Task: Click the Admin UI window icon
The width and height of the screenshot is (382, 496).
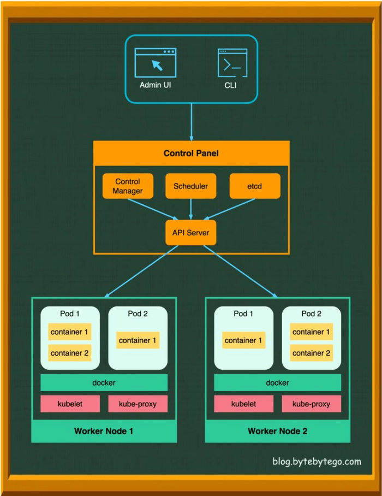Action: tap(156, 63)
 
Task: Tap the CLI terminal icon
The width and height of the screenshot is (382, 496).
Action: tap(232, 62)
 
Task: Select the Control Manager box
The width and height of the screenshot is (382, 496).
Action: tap(128, 186)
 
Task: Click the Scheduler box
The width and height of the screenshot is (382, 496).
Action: tap(190, 186)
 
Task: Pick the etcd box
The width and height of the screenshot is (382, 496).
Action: tap(254, 186)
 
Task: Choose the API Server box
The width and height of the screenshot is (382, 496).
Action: tap(190, 233)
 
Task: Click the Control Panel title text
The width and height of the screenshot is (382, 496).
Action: tap(191, 153)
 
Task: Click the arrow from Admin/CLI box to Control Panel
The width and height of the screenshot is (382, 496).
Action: tap(191, 121)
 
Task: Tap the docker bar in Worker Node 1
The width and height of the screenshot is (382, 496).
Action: tap(104, 383)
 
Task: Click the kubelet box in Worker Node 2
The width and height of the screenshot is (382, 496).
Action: tap(243, 404)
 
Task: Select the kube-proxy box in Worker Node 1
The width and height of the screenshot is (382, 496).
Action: tap(138, 404)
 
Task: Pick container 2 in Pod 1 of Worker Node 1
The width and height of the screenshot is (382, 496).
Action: tap(69, 353)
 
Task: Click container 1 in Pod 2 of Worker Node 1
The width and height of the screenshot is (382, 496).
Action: tap(138, 340)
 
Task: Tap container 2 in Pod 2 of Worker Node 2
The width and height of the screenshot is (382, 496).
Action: tap(311, 353)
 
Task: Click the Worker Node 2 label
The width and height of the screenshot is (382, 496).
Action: tap(277, 431)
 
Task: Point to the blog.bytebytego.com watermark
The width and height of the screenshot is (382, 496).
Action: tap(317, 462)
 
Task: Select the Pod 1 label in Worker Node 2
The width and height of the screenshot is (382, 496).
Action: tap(243, 314)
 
